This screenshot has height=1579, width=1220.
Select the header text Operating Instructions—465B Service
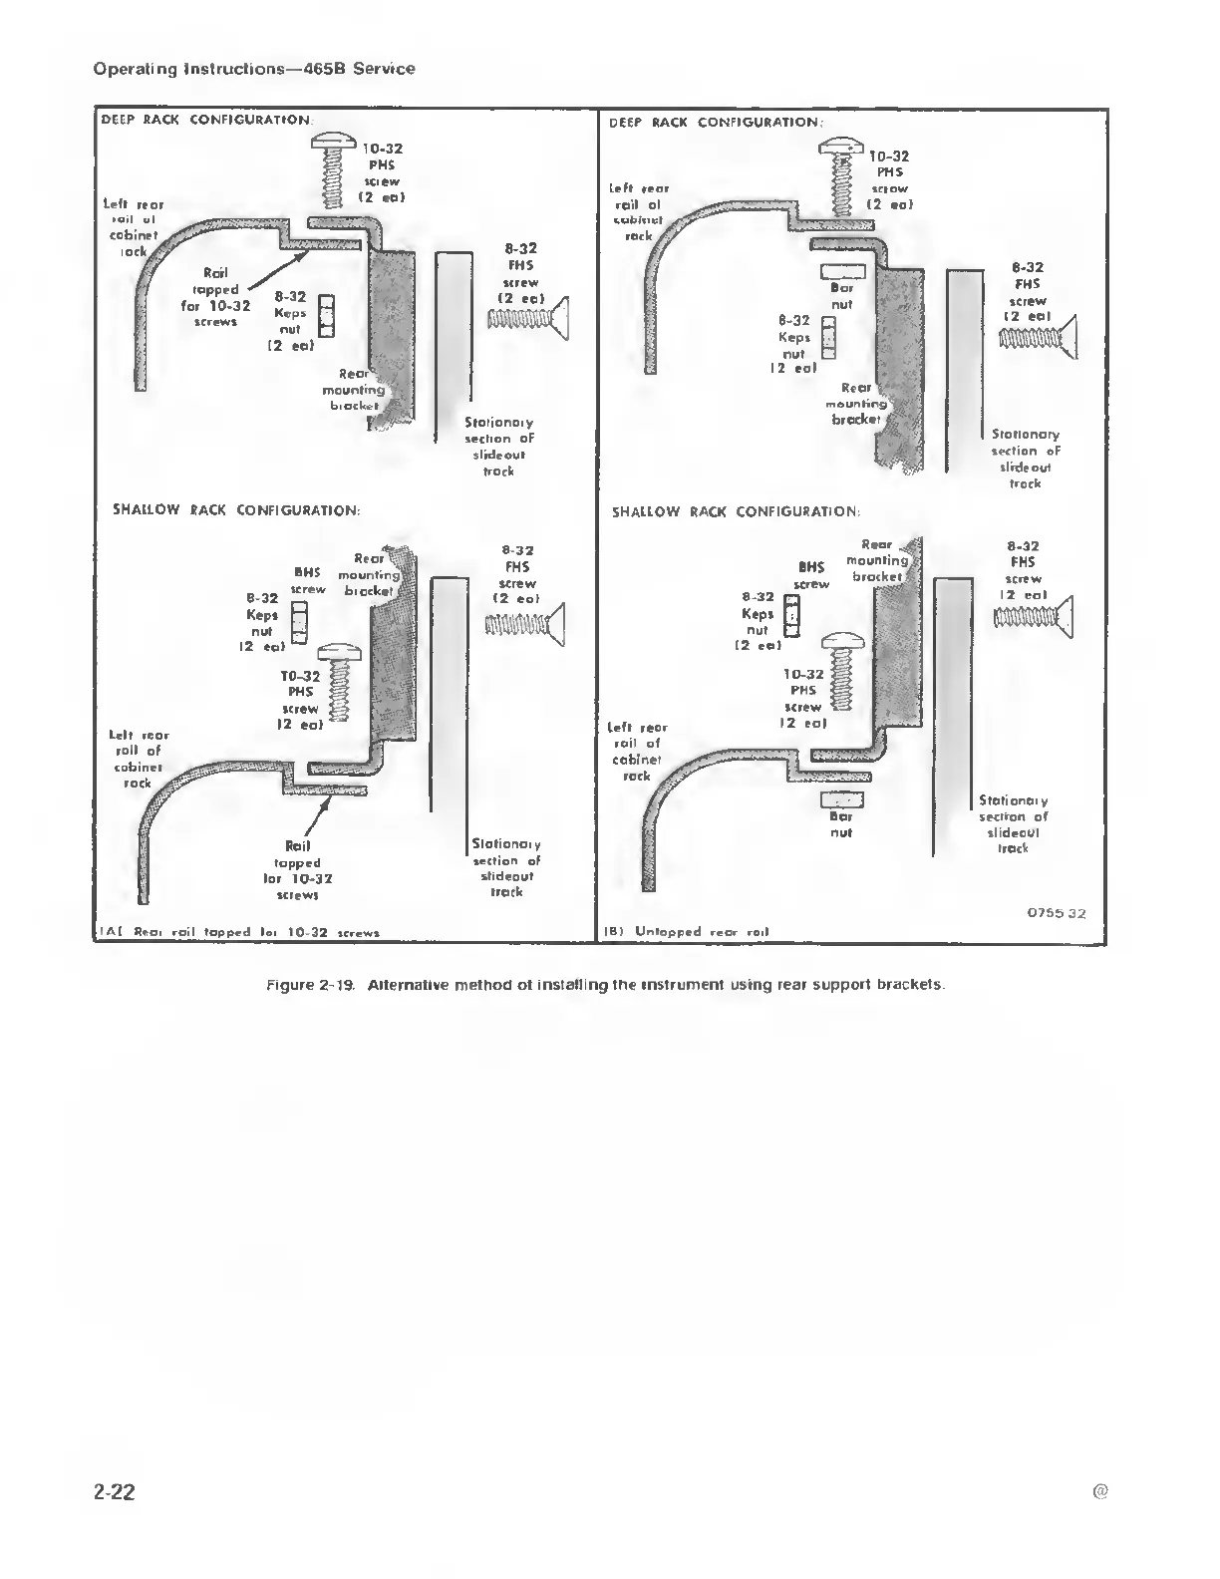click(x=253, y=69)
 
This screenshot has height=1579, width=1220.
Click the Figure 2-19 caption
click(x=604, y=985)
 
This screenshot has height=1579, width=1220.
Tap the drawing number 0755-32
click(x=1056, y=913)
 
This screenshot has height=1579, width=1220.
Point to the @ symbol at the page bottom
click(x=1099, y=1492)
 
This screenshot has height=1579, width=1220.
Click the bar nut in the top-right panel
click(x=841, y=271)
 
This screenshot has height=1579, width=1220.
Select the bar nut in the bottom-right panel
click(x=841, y=799)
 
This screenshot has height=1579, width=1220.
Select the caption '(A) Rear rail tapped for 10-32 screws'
click(x=237, y=933)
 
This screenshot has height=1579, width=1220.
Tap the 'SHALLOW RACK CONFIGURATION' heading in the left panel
click(x=236, y=510)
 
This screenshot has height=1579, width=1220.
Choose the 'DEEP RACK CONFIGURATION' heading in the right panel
click(x=716, y=123)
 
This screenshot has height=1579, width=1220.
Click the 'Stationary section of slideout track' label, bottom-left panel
click(x=506, y=868)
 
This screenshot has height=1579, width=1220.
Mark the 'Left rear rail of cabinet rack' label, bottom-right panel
click(x=638, y=752)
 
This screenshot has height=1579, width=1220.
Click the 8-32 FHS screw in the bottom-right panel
click(x=1034, y=618)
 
